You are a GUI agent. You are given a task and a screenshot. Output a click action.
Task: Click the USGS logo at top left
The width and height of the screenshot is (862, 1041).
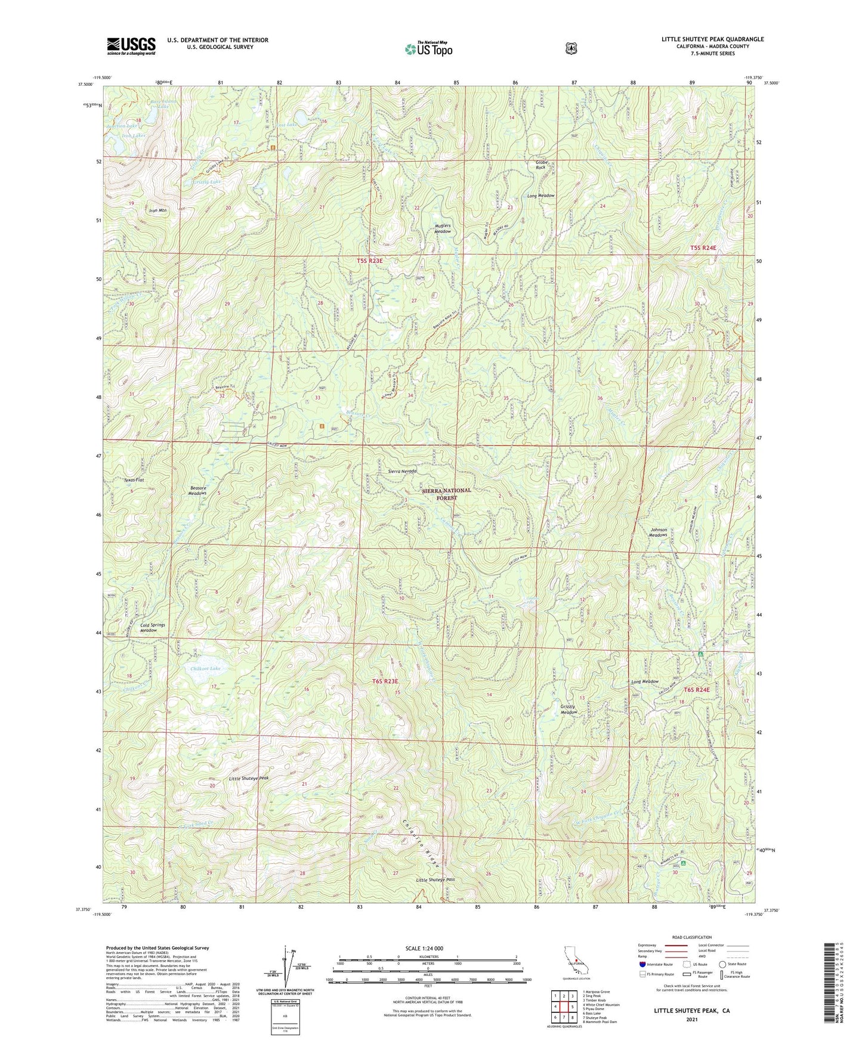pos(131,46)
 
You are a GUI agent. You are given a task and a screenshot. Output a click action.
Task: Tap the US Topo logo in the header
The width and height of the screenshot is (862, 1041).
pos(428,49)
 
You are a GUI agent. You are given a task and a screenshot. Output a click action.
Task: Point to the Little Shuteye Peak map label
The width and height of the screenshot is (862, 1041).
pos(249,779)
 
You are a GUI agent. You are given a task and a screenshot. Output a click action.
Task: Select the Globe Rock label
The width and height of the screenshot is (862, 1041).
pos(540,165)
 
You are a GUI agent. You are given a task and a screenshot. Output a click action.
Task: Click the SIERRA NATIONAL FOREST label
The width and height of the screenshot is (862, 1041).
pos(446,494)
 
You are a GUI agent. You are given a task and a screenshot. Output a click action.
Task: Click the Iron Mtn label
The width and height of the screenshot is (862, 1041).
pos(158,210)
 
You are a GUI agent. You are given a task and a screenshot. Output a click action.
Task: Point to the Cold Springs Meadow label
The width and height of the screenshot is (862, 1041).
pos(153,628)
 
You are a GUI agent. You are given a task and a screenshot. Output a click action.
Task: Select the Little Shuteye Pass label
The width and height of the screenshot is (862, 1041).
pos(435,880)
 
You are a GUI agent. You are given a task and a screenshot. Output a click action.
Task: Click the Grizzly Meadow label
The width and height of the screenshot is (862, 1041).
pos(569,710)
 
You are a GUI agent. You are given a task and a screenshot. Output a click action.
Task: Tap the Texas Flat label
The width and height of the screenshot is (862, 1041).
pos(134,479)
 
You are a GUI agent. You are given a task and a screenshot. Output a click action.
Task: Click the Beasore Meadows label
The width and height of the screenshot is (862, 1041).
pos(197,490)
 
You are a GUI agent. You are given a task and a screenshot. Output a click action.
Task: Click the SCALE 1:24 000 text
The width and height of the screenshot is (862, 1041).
pos(424,948)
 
